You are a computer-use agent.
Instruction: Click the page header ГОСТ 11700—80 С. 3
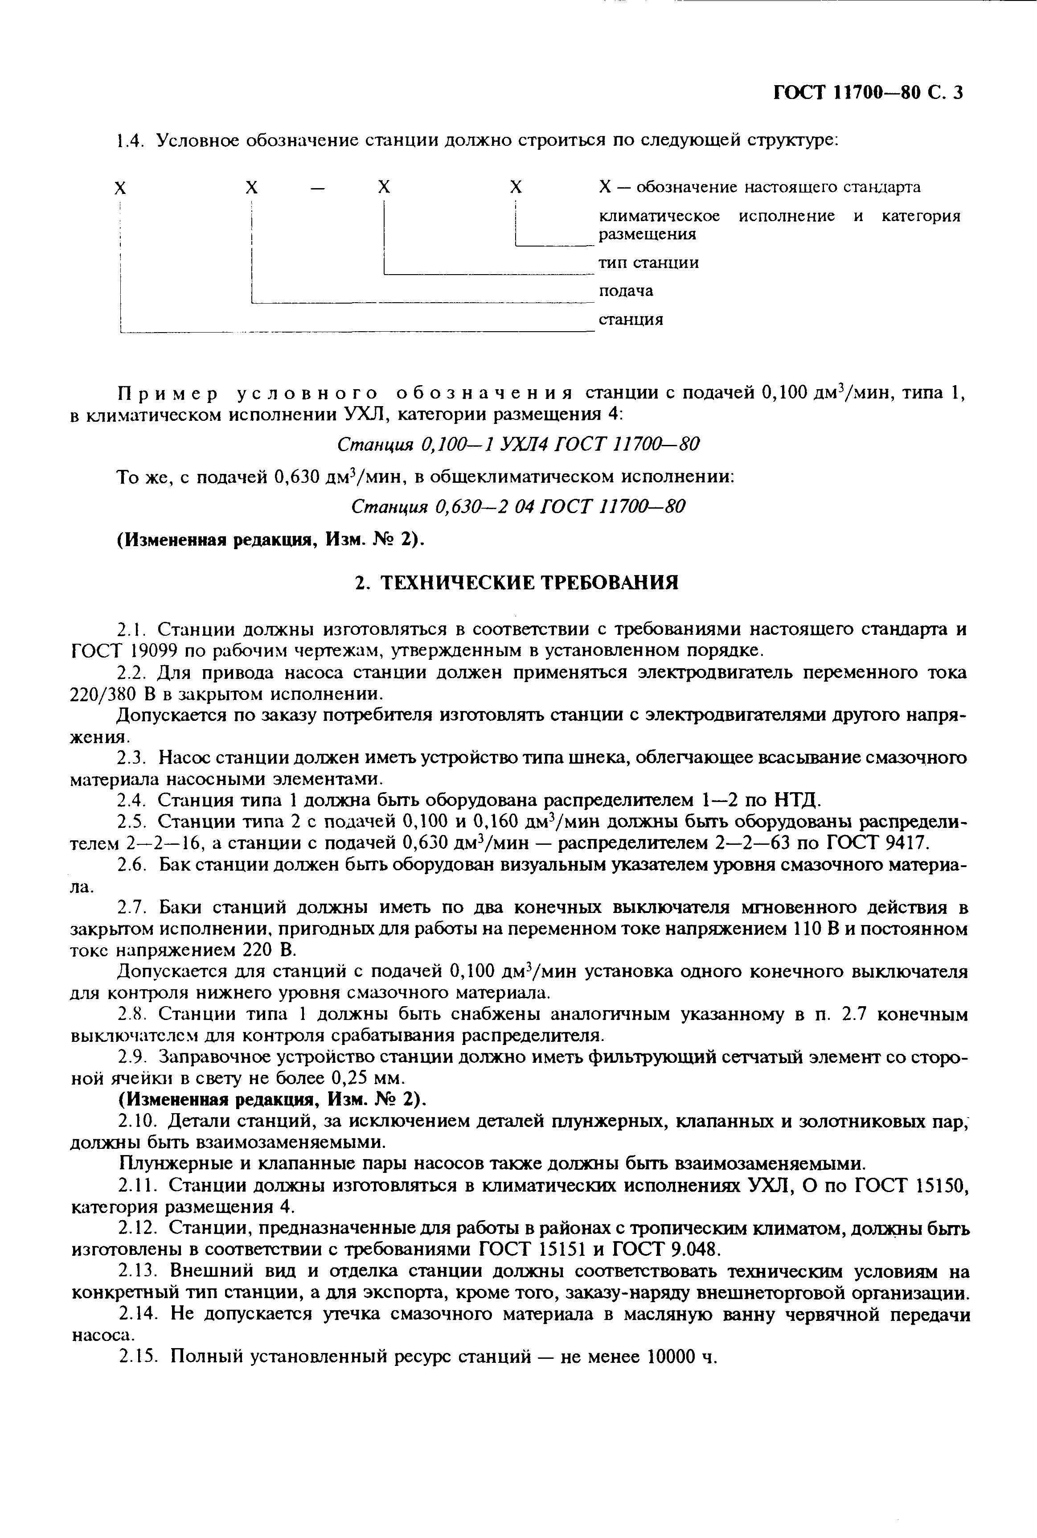[x=868, y=93]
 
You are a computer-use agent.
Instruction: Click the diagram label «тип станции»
[x=648, y=263]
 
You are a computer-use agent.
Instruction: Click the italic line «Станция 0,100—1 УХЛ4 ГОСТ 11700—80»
[x=518, y=444]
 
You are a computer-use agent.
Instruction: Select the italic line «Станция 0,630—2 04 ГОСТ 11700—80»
[x=518, y=506]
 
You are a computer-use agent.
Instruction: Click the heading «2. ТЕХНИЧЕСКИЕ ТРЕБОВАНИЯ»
[x=517, y=582]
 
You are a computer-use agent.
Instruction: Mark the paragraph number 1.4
[x=130, y=141]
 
